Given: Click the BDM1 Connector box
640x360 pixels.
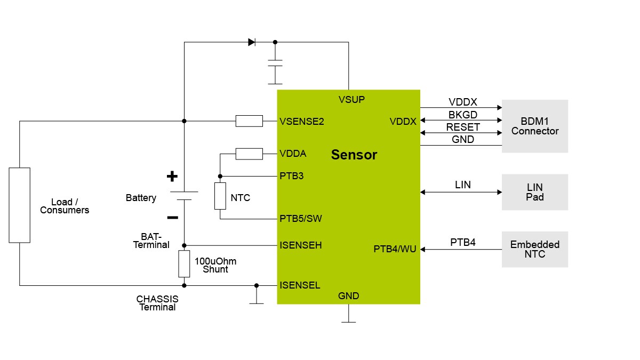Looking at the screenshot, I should coord(534,126).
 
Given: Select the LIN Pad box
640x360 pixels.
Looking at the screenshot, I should coord(534,192).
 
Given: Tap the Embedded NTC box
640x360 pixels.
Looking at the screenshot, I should coord(534,249).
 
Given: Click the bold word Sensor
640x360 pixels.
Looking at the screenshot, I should coord(354,155).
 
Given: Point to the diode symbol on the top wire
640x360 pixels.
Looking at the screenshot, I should coord(252,42).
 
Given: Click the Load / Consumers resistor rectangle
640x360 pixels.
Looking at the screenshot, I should coord(20,205).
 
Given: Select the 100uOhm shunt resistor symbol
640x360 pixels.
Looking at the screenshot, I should coord(183,263).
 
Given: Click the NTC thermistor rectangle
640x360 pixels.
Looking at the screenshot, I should coord(220,196).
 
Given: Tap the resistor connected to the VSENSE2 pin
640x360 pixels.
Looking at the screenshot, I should coord(249,121).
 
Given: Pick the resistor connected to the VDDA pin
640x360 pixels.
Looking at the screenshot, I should coord(249,154).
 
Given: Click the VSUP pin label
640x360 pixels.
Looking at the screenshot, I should coord(351,100).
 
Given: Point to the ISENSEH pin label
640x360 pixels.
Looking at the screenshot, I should coord(300,245).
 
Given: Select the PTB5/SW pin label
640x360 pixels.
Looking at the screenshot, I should coord(300,219).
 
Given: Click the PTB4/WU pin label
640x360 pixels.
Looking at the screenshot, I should coord(394,249).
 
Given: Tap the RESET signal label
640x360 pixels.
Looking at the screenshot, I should coord(462,127).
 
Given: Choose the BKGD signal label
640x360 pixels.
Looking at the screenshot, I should coord(462,115).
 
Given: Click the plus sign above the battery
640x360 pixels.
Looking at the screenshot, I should coord(172,176).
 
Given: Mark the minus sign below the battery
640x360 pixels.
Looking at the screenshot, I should coord(172,217).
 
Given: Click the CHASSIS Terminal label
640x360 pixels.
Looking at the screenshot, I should coord(157,303).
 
